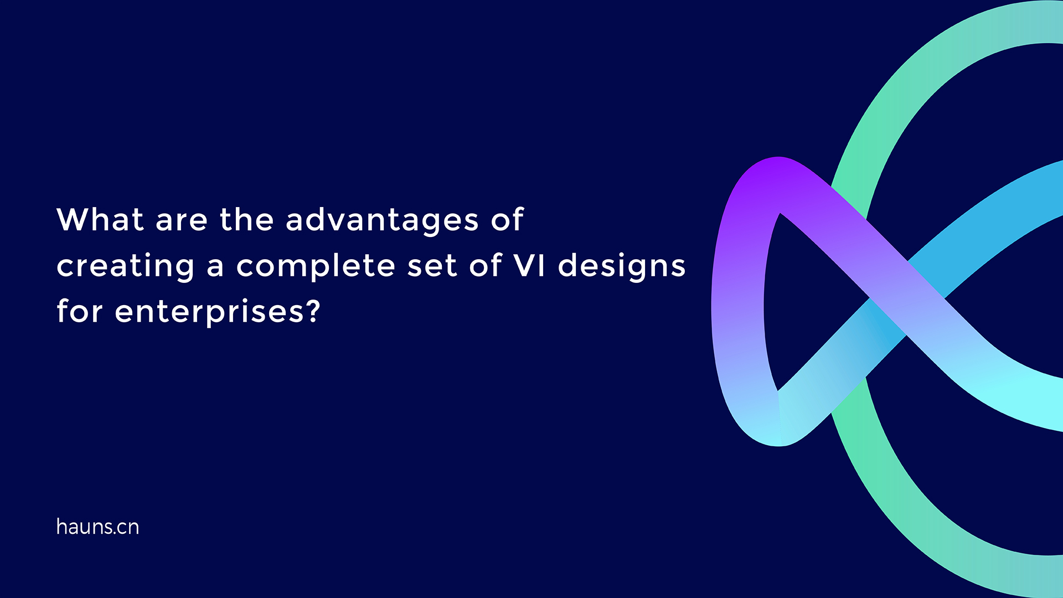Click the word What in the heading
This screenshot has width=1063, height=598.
100,220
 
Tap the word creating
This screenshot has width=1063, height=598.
126,266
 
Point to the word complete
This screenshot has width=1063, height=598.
316,266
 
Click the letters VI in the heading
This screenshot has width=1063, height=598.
529,265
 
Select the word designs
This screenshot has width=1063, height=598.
622,266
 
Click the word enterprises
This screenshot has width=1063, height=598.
209,312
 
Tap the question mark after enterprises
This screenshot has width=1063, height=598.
313,311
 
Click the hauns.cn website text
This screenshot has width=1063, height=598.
97,527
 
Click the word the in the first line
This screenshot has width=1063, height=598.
246,220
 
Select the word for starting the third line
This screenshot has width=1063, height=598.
79,311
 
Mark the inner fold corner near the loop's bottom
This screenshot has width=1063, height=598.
778,392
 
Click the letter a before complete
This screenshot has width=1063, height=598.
215,267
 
